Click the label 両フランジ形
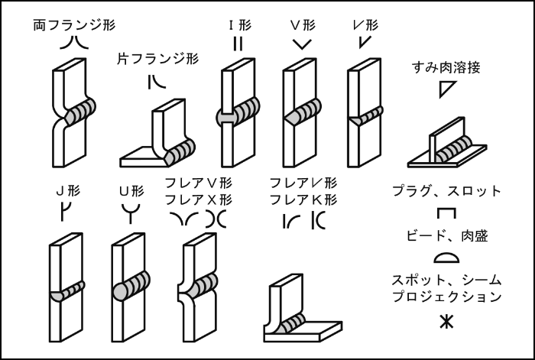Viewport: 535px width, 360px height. [x=74, y=24]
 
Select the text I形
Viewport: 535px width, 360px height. [x=238, y=24]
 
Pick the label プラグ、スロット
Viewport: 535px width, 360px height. [x=446, y=191]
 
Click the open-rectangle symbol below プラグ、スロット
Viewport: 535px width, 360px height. [x=446, y=214]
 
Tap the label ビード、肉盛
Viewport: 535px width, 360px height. [x=446, y=237]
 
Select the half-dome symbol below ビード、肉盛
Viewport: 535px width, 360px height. [x=446, y=258]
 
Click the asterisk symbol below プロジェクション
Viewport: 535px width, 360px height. [x=446, y=322]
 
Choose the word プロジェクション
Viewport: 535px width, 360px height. [x=446, y=296]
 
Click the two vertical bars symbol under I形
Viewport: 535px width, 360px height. [x=238, y=44]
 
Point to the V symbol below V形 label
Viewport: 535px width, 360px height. [x=302, y=44]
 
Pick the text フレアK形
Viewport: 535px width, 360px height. [x=303, y=199]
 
